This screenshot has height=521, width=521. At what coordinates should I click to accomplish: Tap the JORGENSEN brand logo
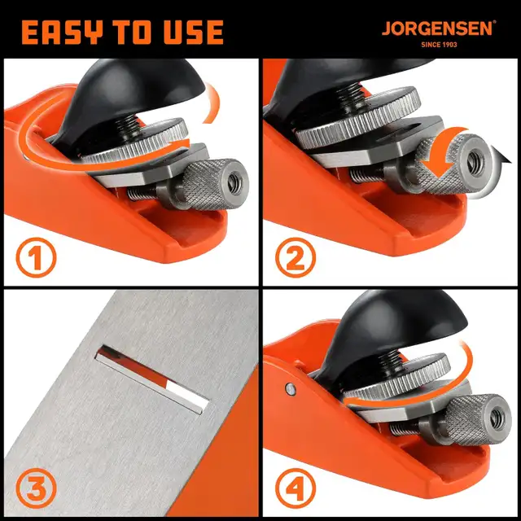[x=438, y=28]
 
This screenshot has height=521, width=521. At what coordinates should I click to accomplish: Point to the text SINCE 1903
[x=438, y=45]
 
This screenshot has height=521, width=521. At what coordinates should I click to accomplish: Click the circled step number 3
[x=37, y=489]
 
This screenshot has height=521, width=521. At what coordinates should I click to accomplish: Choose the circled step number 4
[x=297, y=489]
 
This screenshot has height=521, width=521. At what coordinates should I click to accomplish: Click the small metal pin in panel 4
[x=291, y=388]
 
